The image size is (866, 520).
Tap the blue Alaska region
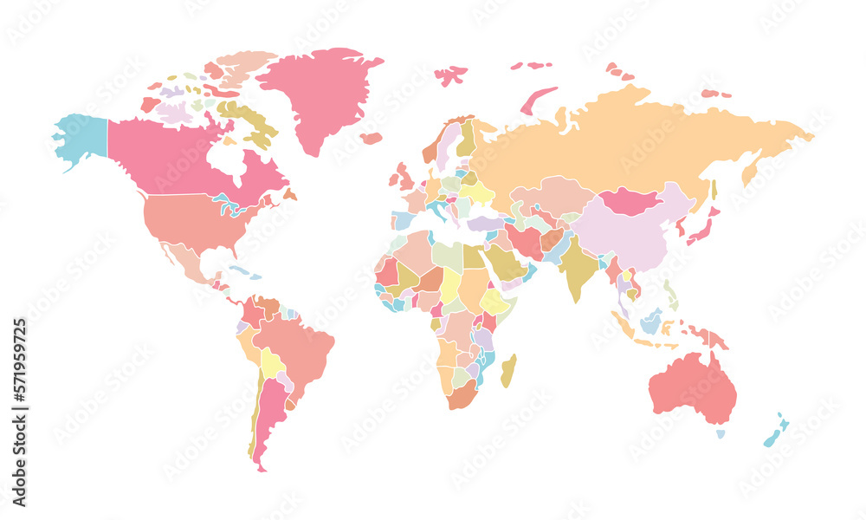(x=83, y=139)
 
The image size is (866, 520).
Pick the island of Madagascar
(x=509, y=370)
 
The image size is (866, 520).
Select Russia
(x=632, y=139)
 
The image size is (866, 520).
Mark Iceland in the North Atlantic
(x=372, y=138)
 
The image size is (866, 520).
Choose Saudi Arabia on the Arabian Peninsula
(x=502, y=260)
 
